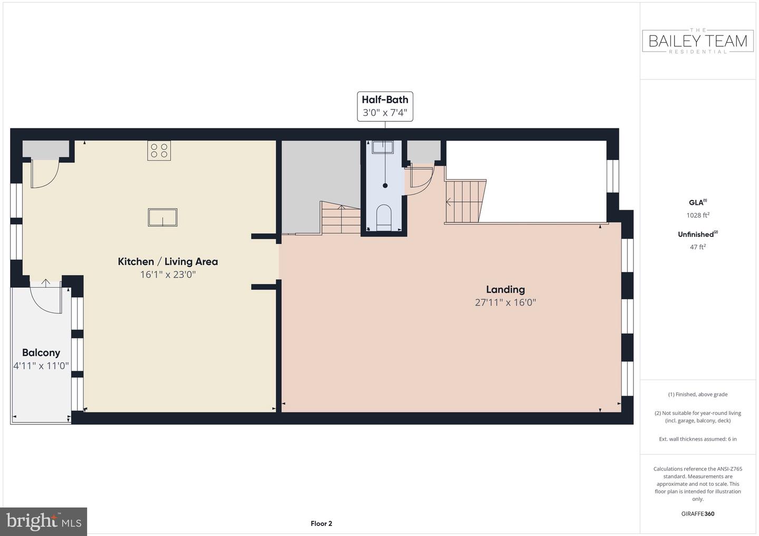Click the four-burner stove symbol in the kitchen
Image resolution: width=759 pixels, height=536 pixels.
tap(159, 151)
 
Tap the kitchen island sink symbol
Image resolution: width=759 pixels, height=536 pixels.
tap(163, 217)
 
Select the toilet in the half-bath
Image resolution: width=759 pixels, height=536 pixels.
tap(384, 217)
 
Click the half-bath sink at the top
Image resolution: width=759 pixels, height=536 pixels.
tap(383, 147)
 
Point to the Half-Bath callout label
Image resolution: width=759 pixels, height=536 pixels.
tap(385, 106)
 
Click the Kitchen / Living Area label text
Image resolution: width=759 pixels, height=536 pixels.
tap(168, 262)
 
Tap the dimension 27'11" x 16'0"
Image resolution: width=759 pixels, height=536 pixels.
tap(505, 302)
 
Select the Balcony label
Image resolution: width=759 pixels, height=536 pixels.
tap(41, 353)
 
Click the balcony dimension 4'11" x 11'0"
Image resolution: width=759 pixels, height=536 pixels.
tap(41, 366)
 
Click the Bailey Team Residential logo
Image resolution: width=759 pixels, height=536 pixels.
tap(698, 41)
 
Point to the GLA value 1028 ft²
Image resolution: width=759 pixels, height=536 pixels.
tap(698, 215)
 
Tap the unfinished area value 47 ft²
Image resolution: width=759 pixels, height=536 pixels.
tap(698, 247)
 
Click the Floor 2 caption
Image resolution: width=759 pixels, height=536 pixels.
tap(321, 523)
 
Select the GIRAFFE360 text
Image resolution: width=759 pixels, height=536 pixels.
tap(698, 514)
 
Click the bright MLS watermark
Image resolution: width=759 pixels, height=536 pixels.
tap(43, 521)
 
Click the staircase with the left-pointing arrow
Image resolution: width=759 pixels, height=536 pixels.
tap(465, 202)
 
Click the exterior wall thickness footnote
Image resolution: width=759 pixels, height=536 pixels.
tap(698, 439)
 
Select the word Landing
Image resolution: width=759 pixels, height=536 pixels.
tap(505, 289)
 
